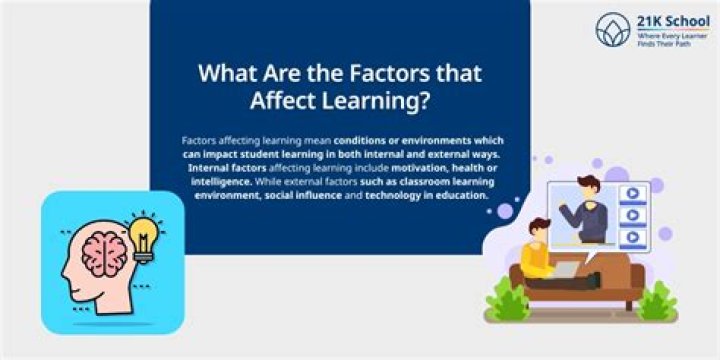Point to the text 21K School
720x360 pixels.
pos(666,21)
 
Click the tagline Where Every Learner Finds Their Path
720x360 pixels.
pos(667,40)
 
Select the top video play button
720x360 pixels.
pos(632,194)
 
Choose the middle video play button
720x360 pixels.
pos(632,215)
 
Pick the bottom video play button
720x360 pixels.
pos(632,237)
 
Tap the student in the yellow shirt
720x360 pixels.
pos(536,256)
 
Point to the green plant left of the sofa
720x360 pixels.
pos(506,300)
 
